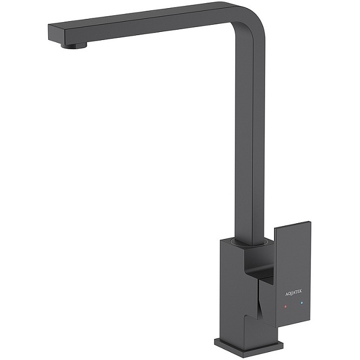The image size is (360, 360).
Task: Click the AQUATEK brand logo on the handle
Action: [294, 292]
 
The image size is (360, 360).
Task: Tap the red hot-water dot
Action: [285, 306]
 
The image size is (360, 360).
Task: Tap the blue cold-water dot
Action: [302, 303]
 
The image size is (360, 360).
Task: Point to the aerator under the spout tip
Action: [74, 46]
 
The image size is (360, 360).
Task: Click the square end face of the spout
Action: [56, 35]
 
